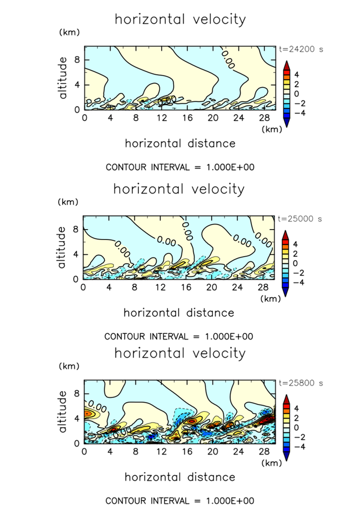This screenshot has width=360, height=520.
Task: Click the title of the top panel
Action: tap(180, 19)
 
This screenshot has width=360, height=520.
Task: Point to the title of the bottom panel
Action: tap(180, 353)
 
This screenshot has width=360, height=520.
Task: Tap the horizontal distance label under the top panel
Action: tap(180, 143)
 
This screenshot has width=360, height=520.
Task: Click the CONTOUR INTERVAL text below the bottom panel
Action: tap(180, 500)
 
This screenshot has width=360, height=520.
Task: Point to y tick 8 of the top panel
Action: tap(77, 59)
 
